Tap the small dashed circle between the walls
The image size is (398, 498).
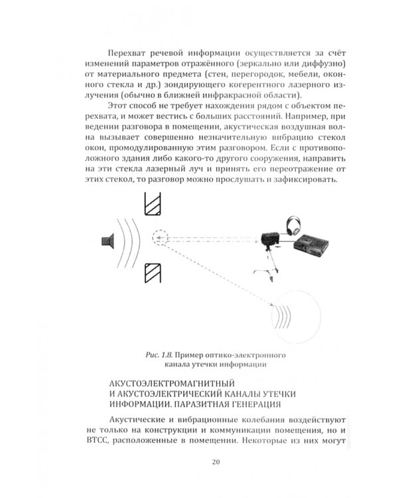161,237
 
